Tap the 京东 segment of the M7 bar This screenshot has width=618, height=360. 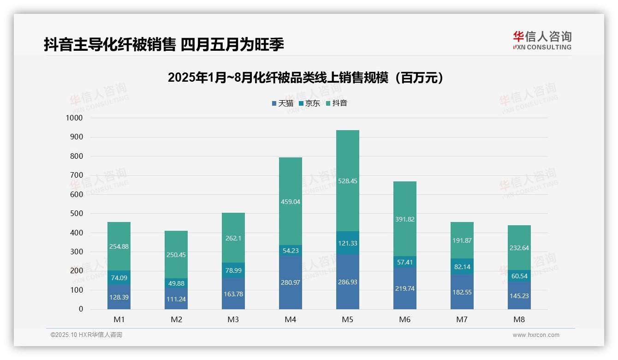coord(462,266)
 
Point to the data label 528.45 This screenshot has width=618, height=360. coord(347,181)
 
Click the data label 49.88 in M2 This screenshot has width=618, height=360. coord(176,283)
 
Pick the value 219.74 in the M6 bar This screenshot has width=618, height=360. coord(404,288)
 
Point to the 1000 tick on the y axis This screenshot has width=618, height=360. coord(74,118)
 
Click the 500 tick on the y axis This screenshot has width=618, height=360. coord(76,214)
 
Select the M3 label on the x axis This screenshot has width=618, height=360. coord(233,319)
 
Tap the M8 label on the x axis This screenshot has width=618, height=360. coord(519,319)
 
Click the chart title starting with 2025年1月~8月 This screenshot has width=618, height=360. coord(306,78)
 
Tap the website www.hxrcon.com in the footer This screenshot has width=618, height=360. coord(535,335)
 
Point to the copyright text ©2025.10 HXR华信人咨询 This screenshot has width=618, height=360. coord(86,335)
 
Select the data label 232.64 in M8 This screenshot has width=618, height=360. coord(519,248)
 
